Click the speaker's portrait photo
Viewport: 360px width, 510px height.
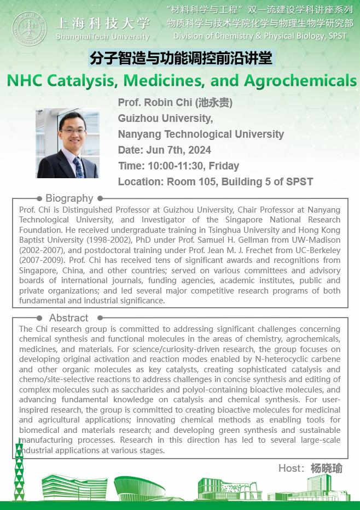pos(67,143)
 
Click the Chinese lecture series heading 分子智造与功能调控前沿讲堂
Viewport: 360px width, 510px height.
pos(180,57)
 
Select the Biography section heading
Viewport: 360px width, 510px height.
pos(69,198)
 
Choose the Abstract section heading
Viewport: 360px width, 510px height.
pos(68,318)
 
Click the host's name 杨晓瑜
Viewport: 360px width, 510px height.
pos(326,468)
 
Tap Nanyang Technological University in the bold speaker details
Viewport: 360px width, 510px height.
pos(201,134)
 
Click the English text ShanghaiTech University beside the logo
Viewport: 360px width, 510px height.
pos(102,37)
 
